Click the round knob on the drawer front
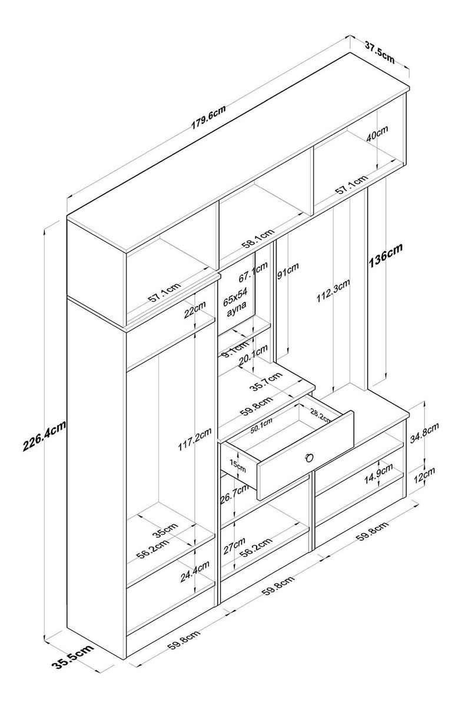click(x=309, y=458)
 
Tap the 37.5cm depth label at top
click(x=380, y=51)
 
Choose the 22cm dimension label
click(x=194, y=310)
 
